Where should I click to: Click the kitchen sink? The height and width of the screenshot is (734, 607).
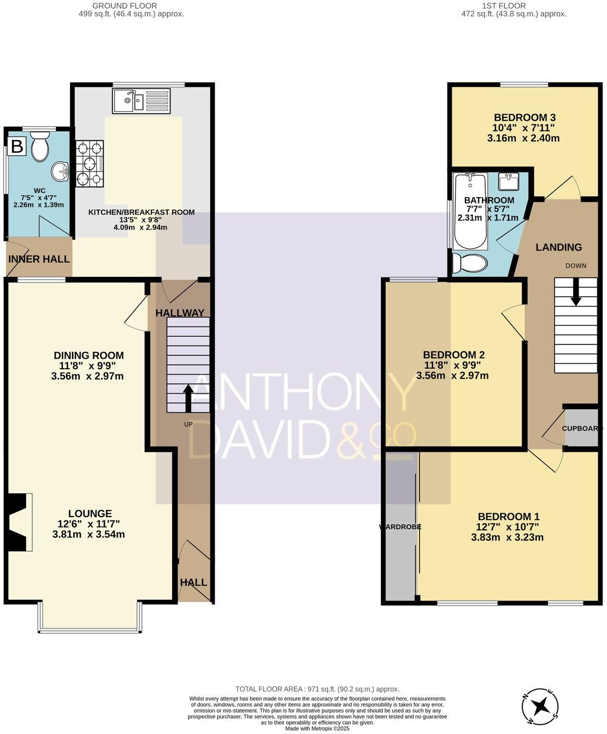142,101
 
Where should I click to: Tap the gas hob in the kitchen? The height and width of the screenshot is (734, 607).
90,164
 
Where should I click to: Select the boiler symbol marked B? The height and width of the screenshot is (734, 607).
17,146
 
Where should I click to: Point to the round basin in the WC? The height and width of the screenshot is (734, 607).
60,171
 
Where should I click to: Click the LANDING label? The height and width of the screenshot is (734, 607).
558,247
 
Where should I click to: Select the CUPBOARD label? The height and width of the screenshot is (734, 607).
582,428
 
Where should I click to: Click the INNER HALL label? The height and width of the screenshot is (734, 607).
39,259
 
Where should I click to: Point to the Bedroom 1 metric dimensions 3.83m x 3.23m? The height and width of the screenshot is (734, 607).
507,537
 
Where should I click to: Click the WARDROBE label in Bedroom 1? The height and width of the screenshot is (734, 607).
400,527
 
